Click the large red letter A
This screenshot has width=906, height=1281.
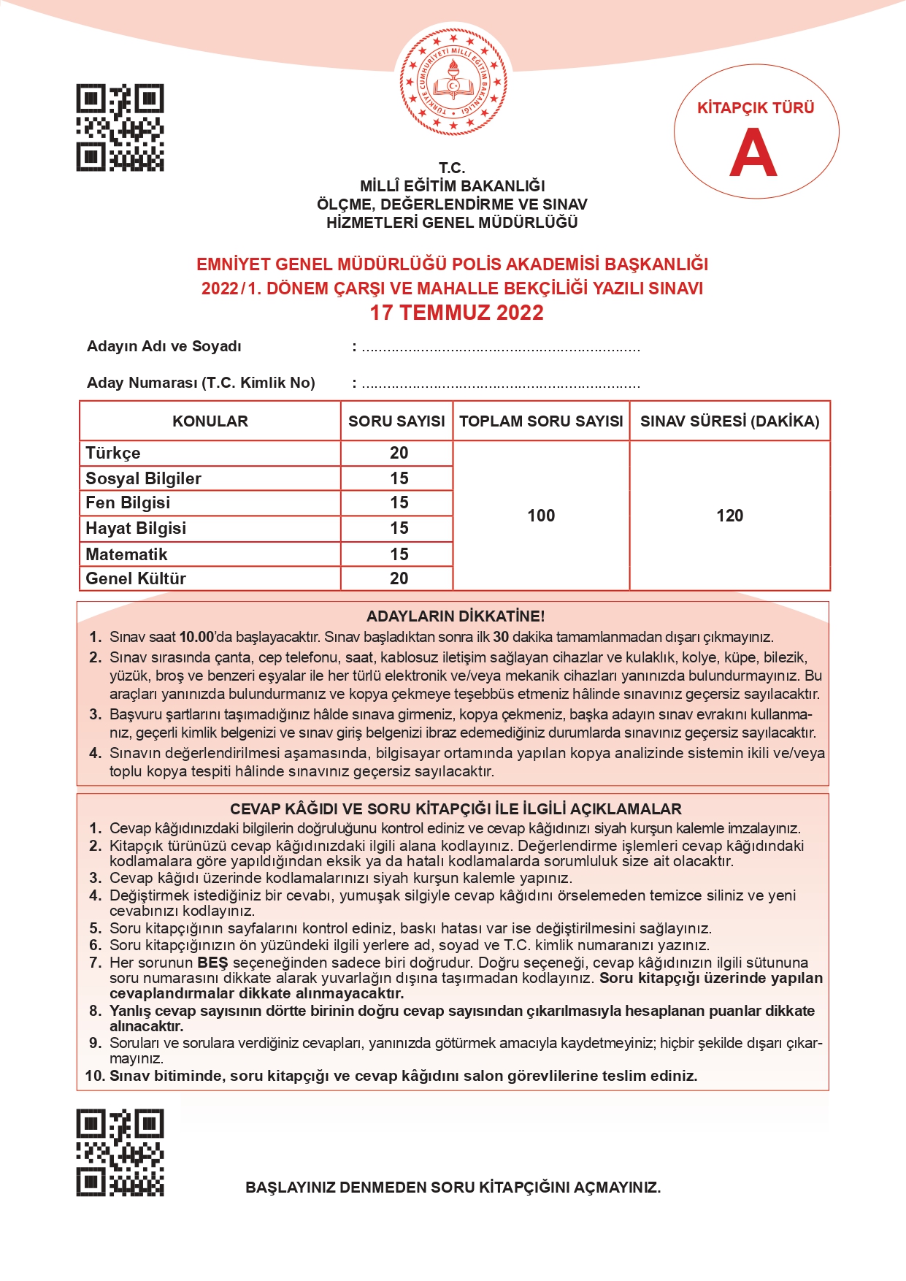tap(753, 153)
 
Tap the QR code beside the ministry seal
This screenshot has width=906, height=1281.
tap(120, 128)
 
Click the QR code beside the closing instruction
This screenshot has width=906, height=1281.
tap(120, 1152)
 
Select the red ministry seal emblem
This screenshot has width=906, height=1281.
tap(453, 83)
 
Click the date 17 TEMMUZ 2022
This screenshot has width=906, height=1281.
tap(456, 313)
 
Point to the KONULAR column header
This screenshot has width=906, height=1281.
tap(210, 421)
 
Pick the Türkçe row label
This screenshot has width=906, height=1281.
tap(113, 453)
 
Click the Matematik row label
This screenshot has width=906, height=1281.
tap(126, 554)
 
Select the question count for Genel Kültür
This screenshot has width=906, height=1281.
tap(399, 578)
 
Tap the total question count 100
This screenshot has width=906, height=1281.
tap(541, 516)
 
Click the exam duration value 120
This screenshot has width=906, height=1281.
tap(729, 516)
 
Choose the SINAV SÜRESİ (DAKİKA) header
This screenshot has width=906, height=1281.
tap(729, 421)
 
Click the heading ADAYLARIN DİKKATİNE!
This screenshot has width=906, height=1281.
tap(456, 616)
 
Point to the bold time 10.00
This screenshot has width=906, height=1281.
tap(196, 637)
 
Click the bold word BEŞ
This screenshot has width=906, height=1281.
tap(212, 963)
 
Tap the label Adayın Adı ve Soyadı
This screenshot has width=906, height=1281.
tap(164, 346)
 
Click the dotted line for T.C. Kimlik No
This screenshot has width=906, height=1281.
tap(501, 384)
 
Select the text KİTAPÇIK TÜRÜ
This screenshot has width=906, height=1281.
tap(756, 108)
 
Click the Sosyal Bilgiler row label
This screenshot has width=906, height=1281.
tap(143, 478)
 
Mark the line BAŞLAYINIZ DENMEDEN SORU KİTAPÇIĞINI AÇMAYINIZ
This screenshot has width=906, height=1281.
tap(453, 1188)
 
